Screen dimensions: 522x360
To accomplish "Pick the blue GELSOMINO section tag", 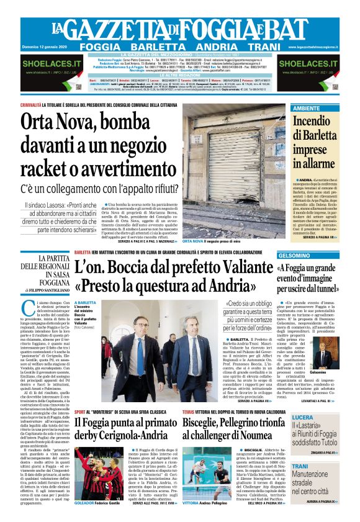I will pos(294,256).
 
